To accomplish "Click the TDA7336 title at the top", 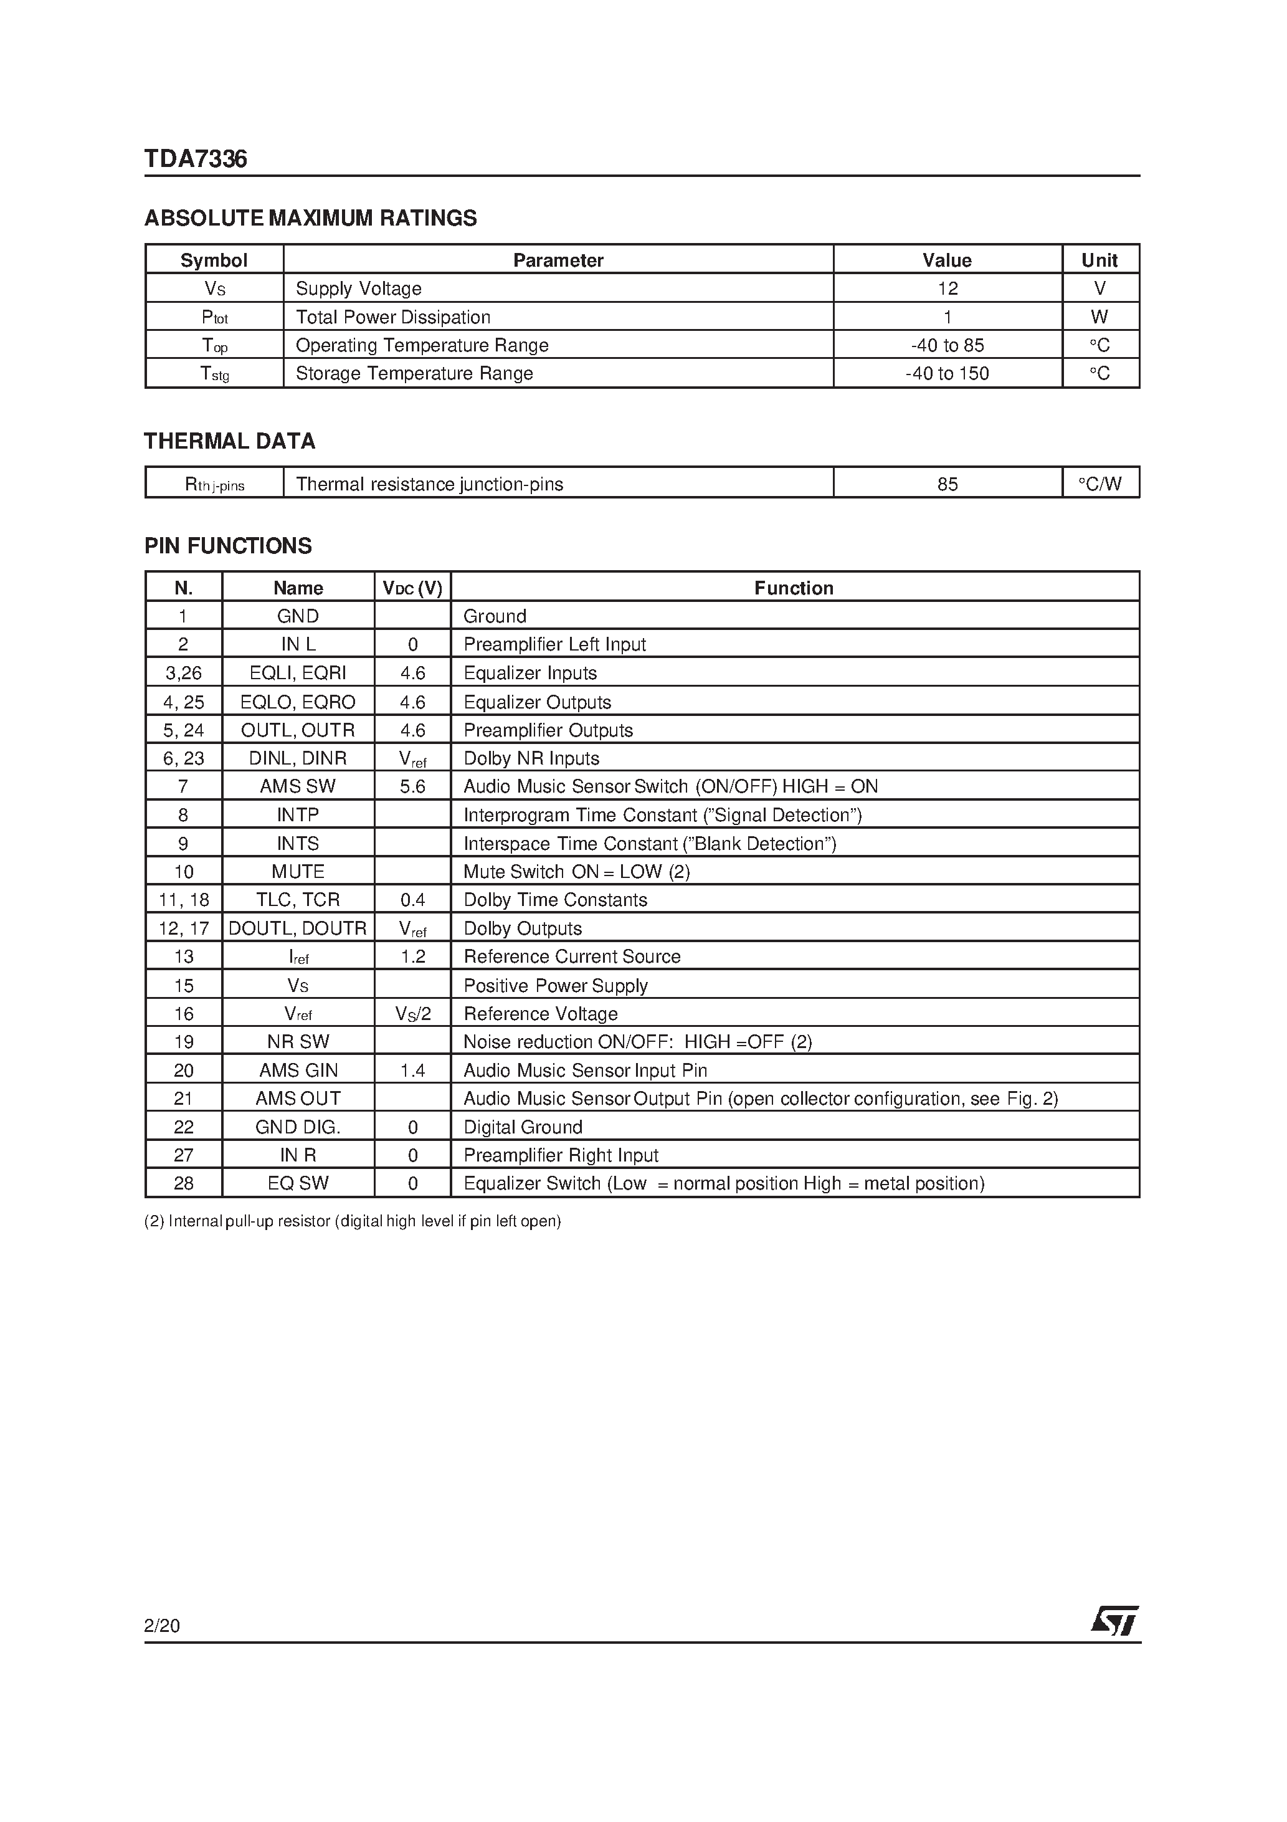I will [x=195, y=160].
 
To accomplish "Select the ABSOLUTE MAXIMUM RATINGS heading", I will [x=310, y=218].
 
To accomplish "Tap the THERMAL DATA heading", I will [x=229, y=441].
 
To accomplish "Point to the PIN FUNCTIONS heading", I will [x=228, y=546].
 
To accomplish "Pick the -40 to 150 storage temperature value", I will [x=947, y=374].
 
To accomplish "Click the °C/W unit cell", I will [x=1099, y=484].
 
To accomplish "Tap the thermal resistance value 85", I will [x=947, y=484].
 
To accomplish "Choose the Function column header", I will [x=794, y=588].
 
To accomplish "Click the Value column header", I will [x=947, y=260].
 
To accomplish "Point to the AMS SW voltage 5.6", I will [x=412, y=786].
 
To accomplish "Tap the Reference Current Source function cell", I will [x=572, y=957].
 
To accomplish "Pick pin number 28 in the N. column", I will [x=183, y=1183].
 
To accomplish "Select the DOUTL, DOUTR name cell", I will [x=298, y=928].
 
